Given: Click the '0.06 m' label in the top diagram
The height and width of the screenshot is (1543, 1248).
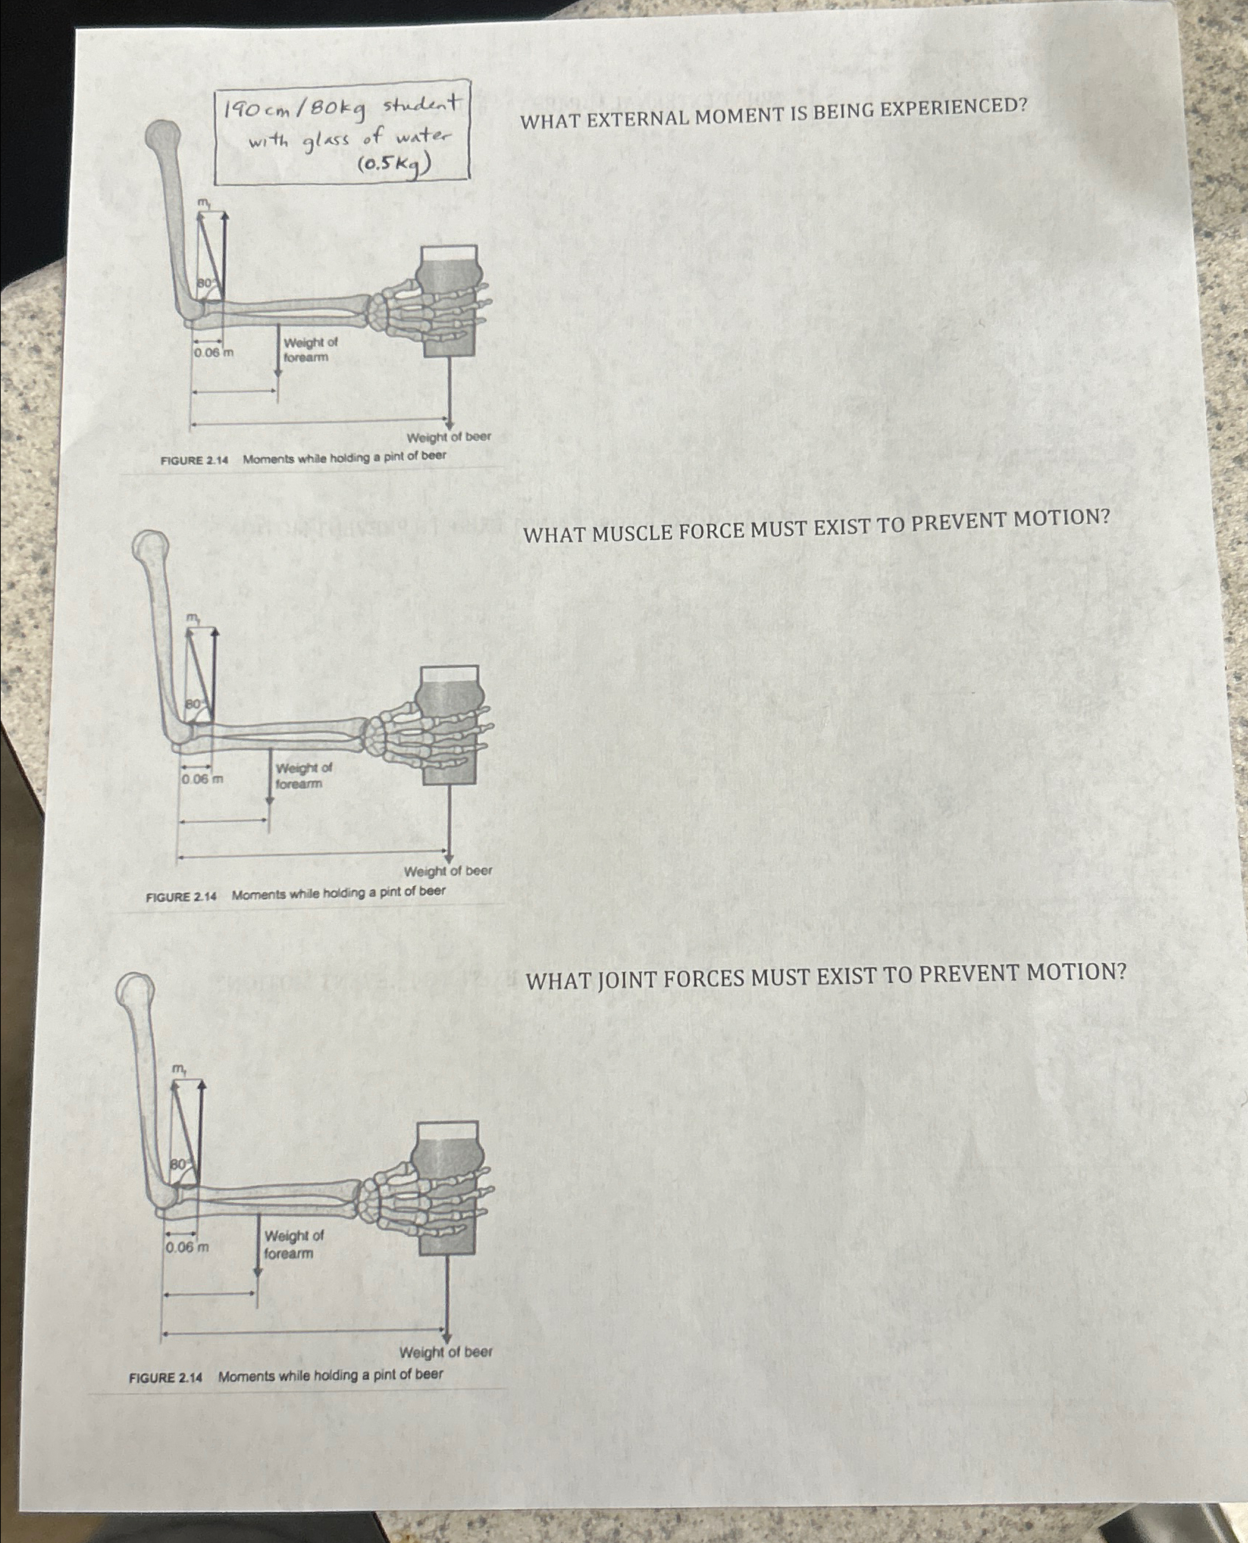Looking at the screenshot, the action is (213, 353).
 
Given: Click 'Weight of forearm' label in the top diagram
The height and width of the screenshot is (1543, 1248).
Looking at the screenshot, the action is (309, 350).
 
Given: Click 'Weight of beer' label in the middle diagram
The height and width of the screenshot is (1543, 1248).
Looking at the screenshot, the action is (447, 871).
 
